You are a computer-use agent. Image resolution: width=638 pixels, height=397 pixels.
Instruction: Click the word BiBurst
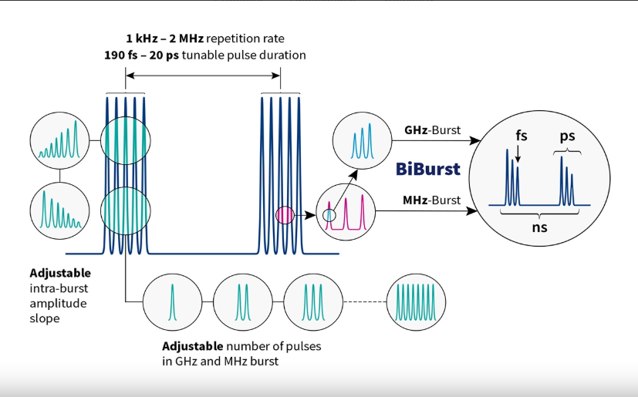(428, 169)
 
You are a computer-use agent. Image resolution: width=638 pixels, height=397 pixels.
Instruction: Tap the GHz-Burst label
(432, 130)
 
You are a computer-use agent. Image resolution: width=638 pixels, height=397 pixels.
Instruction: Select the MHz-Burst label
(432, 200)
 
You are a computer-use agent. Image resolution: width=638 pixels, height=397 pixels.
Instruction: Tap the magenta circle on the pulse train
(285, 214)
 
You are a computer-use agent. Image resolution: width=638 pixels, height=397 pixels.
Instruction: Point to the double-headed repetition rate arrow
(202, 75)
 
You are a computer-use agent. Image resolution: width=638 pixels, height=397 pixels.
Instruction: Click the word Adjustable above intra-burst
(60, 273)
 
